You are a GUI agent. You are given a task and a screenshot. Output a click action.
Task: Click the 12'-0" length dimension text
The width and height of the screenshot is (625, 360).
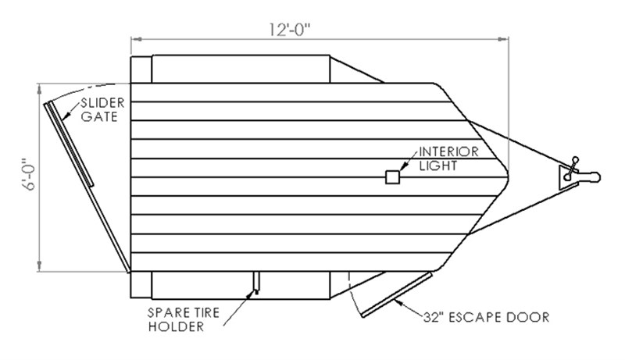[x=289, y=30]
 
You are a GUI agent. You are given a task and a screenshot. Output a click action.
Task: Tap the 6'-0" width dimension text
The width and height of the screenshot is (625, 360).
[x=30, y=175]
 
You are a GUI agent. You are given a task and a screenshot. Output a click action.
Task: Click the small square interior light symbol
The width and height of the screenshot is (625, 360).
[x=393, y=177]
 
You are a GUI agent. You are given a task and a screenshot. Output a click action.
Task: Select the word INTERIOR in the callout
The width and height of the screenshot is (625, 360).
[x=448, y=151]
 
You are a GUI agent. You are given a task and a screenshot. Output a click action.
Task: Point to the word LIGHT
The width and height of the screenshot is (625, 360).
[x=438, y=166]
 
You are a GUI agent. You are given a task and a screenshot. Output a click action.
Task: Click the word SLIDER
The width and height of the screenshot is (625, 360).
[x=102, y=103]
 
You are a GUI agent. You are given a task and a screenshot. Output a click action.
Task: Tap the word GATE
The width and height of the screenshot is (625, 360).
[x=99, y=116]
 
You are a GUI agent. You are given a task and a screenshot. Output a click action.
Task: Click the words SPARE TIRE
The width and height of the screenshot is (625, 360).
[x=184, y=312]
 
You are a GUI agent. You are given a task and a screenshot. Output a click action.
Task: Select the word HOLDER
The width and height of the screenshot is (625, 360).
[x=176, y=326]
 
